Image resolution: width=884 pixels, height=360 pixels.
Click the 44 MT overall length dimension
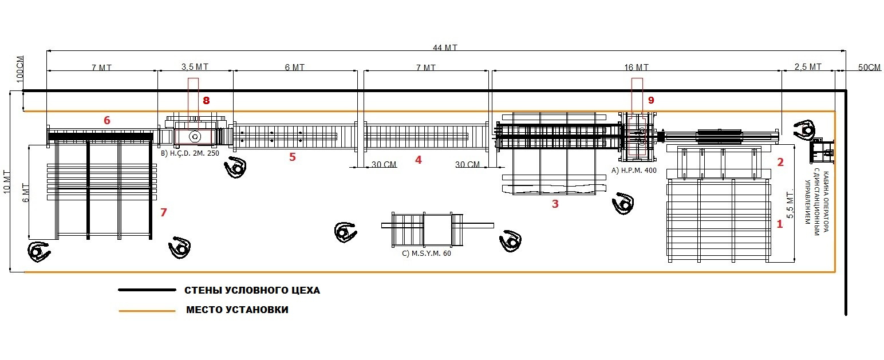(445, 48)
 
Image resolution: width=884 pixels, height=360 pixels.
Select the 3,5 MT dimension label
(195, 67)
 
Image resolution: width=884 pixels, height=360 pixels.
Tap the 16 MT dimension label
(636, 68)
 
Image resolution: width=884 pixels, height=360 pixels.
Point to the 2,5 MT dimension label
(808, 67)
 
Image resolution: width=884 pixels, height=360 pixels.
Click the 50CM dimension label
(869, 68)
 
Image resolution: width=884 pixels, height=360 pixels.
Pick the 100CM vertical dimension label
(19, 69)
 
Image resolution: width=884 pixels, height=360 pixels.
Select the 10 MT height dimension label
(7, 182)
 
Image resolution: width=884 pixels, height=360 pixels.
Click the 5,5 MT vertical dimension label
(790, 204)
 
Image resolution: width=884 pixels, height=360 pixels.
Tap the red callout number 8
(206, 101)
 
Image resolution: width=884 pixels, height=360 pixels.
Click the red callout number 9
(651, 101)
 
